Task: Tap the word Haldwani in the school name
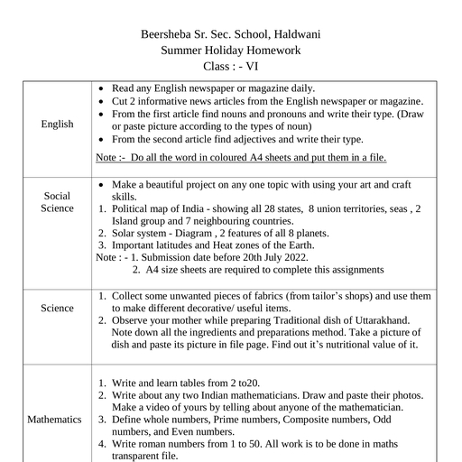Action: click(296, 34)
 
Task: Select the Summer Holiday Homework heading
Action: click(231, 51)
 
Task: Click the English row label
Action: click(57, 124)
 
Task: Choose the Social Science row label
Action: click(57, 202)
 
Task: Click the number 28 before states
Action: click(258, 208)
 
